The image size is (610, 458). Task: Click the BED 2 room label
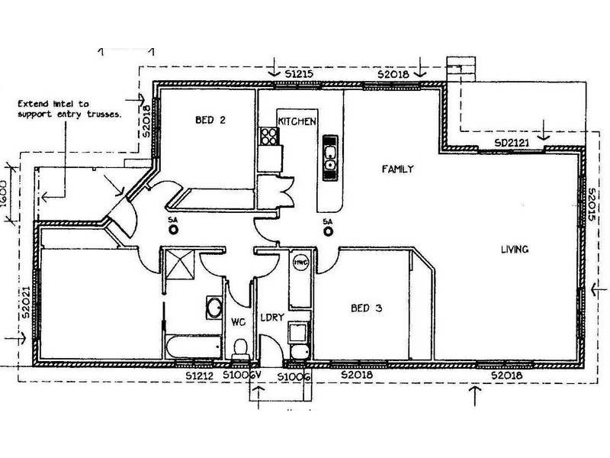tap(210, 120)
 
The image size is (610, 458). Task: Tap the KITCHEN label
tap(297, 121)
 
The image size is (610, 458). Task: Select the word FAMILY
tap(397, 169)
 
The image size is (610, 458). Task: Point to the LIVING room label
tap(515, 250)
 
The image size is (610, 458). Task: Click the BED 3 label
tap(366, 309)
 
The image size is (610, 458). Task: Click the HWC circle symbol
tap(300, 262)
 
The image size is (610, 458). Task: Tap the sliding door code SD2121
tap(512, 143)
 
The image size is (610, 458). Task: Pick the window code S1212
tap(201, 376)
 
